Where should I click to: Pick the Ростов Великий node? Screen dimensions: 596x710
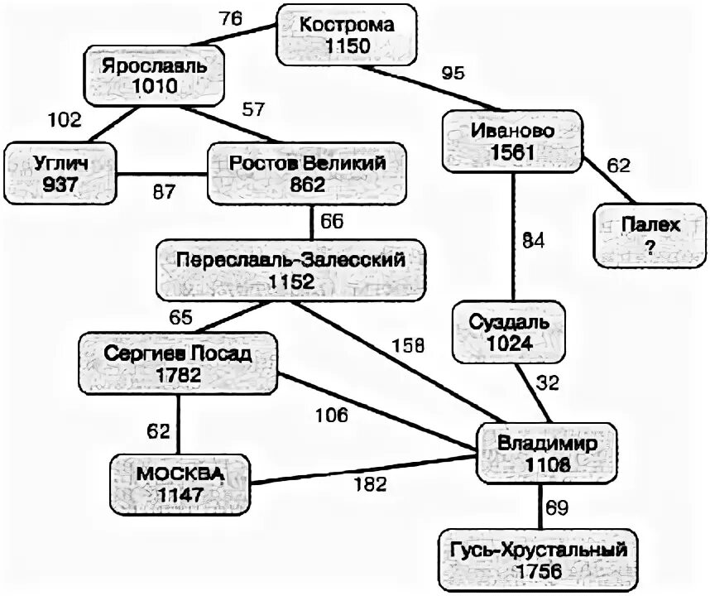pyautogui.click(x=307, y=172)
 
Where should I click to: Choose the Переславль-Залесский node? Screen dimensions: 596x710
pyautogui.click(x=291, y=270)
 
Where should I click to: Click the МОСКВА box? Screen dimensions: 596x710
pyautogui.click(x=180, y=483)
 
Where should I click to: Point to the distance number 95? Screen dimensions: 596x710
pyautogui.click(x=452, y=73)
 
